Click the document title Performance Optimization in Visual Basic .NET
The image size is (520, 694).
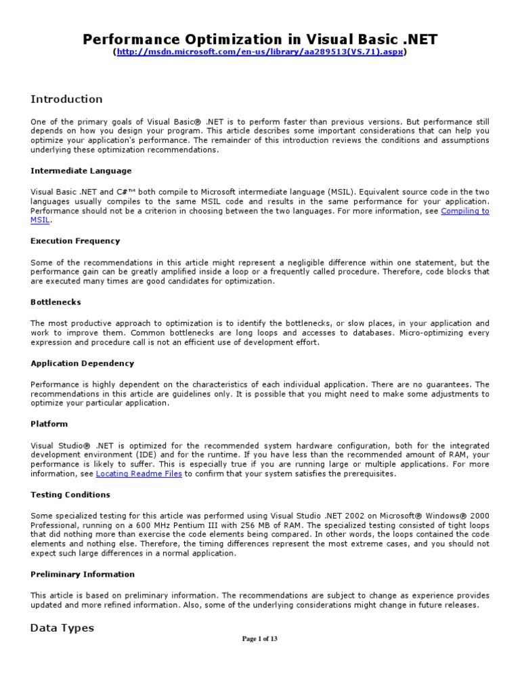(x=260, y=39)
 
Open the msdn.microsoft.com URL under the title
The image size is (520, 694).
(x=261, y=52)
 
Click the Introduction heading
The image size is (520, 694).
(x=66, y=99)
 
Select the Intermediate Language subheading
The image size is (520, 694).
(x=81, y=171)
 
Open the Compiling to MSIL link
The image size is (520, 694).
(x=464, y=211)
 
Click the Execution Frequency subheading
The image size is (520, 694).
(x=75, y=241)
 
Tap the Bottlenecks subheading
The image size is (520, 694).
(x=56, y=302)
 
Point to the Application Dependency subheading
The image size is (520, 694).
(x=82, y=363)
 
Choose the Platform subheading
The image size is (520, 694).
(x=49, y=424)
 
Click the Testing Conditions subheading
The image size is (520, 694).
(x=70, y=495)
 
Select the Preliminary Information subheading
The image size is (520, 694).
(x=83, y=574)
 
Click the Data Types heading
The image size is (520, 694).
(x=62, y=628)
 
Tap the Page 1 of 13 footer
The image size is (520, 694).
(x=260, y=638)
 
